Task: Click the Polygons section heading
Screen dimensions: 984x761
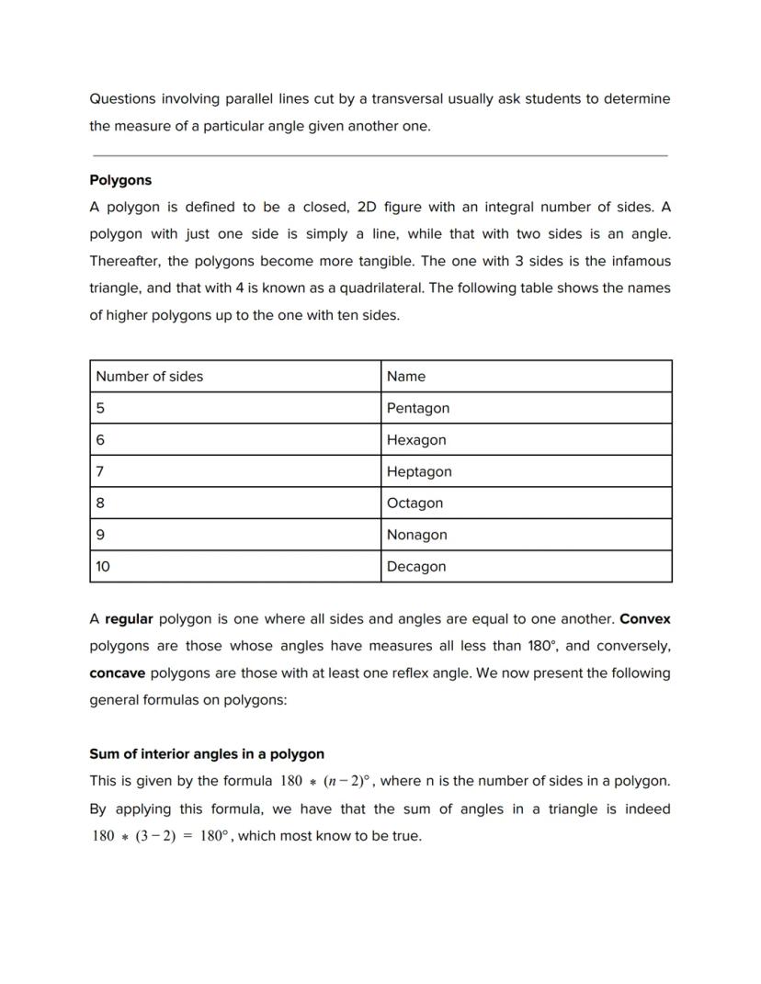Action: click(x=120, y=180)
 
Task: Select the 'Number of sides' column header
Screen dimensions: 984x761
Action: click(x=149, y=376)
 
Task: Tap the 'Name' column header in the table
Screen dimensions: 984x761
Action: click(x=406, y=376)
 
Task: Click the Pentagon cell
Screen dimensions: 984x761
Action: click(x=418, y=408)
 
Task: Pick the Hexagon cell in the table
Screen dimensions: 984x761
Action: click(x=416, y=440)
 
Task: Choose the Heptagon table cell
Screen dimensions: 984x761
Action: click(x=419, y=471)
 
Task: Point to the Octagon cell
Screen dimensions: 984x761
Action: click(x=415, y=503)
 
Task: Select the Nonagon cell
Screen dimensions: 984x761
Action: click(x=416, y=535)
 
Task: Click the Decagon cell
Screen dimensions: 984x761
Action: click(x=416, y=567)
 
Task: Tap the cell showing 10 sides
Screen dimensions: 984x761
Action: click(x=103, y=567)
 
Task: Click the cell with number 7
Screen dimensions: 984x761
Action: click(x=100, y=471)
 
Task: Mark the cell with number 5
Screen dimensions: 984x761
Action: click(x=100, y=408)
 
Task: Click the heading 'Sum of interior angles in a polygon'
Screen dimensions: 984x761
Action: click(x=207, y=754)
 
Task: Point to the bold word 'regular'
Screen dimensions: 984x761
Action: click(x=129, y=619)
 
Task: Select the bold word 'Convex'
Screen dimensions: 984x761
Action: click(x=645, y=619)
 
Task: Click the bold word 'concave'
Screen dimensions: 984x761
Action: click(x=117, y=673)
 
